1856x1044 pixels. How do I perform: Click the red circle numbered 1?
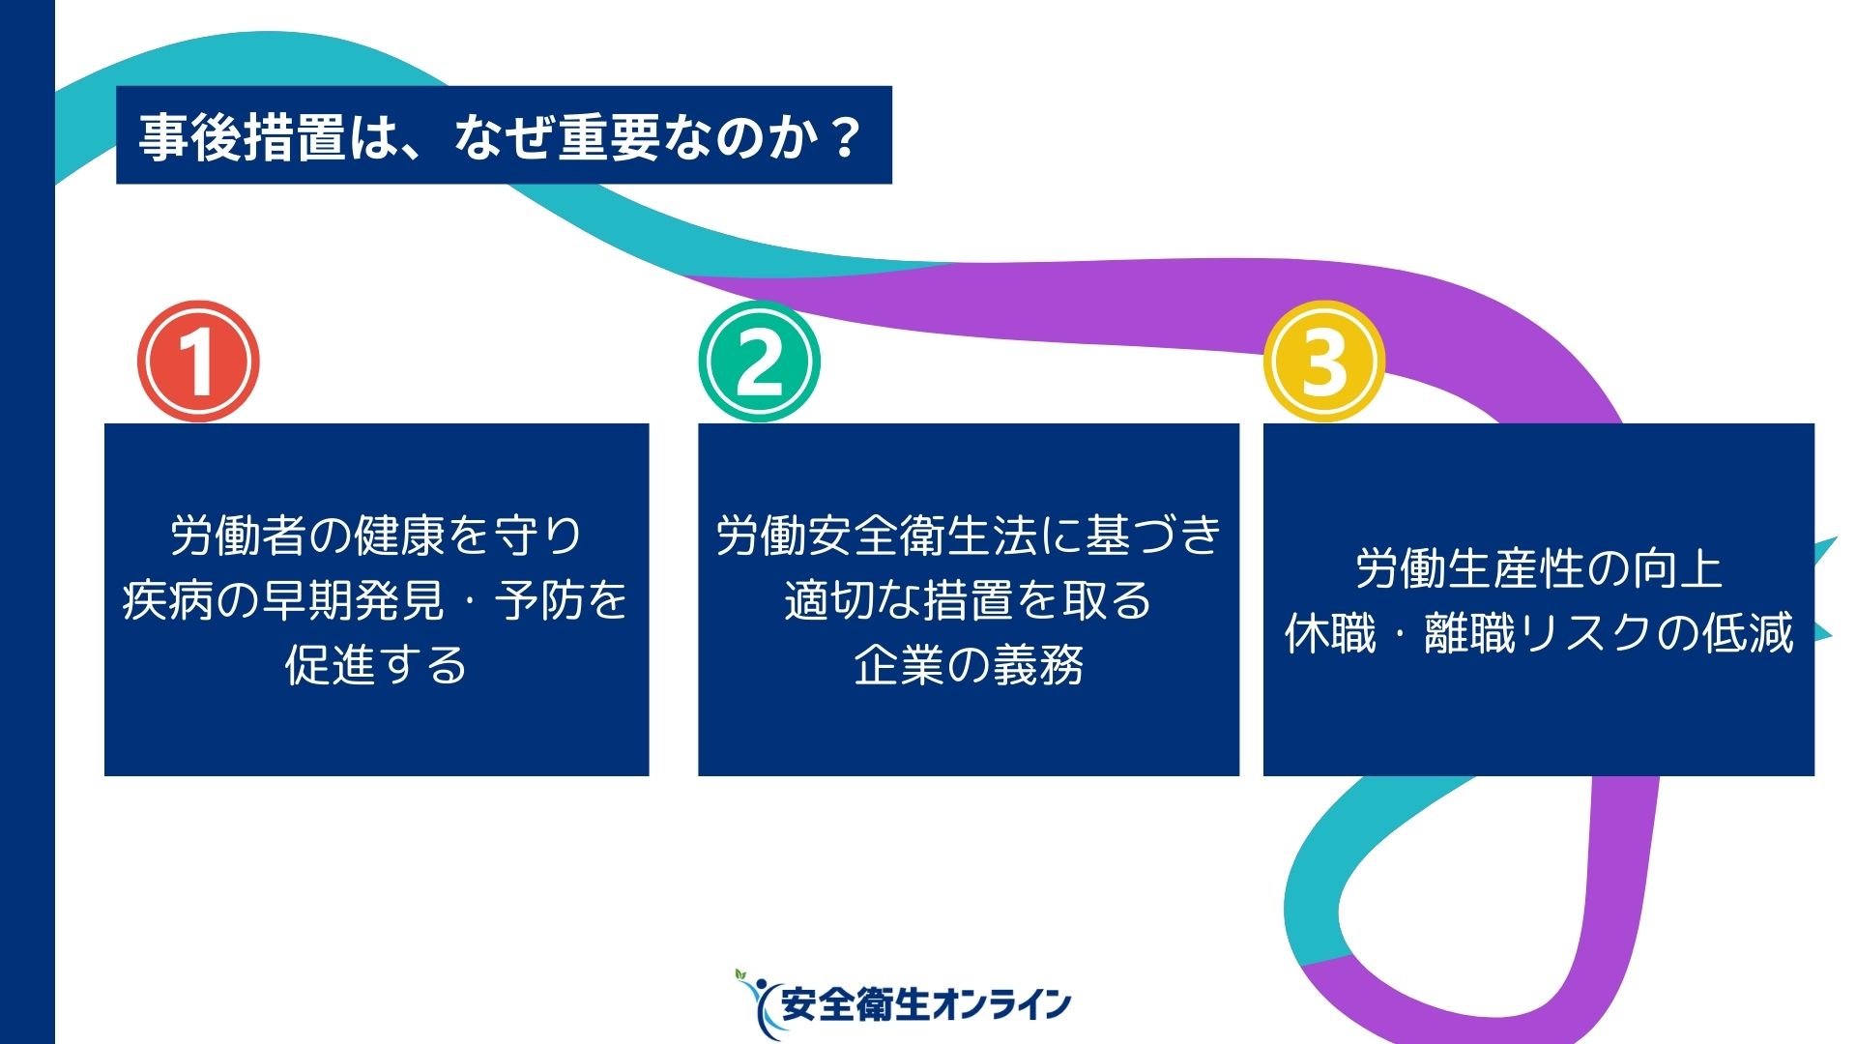coord(198,362)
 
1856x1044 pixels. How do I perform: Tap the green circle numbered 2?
coord(759,362)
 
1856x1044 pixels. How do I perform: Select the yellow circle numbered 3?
coord(1324,362)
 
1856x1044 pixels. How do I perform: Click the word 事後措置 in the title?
coord(242,136)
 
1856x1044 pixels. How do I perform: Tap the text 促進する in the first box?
coord(376,665)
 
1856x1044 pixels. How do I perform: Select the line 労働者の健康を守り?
coord(376,535)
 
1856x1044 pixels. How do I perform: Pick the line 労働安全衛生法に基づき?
coord(969,535)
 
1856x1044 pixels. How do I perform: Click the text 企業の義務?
coord(969,665)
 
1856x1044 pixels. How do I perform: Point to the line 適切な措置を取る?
coord(969,600)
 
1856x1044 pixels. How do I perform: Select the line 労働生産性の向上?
coord(1539,568)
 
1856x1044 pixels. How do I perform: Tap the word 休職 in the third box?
coord(1330,633)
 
